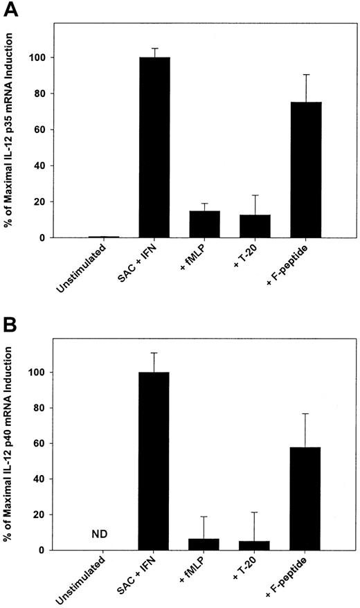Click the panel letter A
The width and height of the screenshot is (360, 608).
pyautogui.click(x=11, y=10)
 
